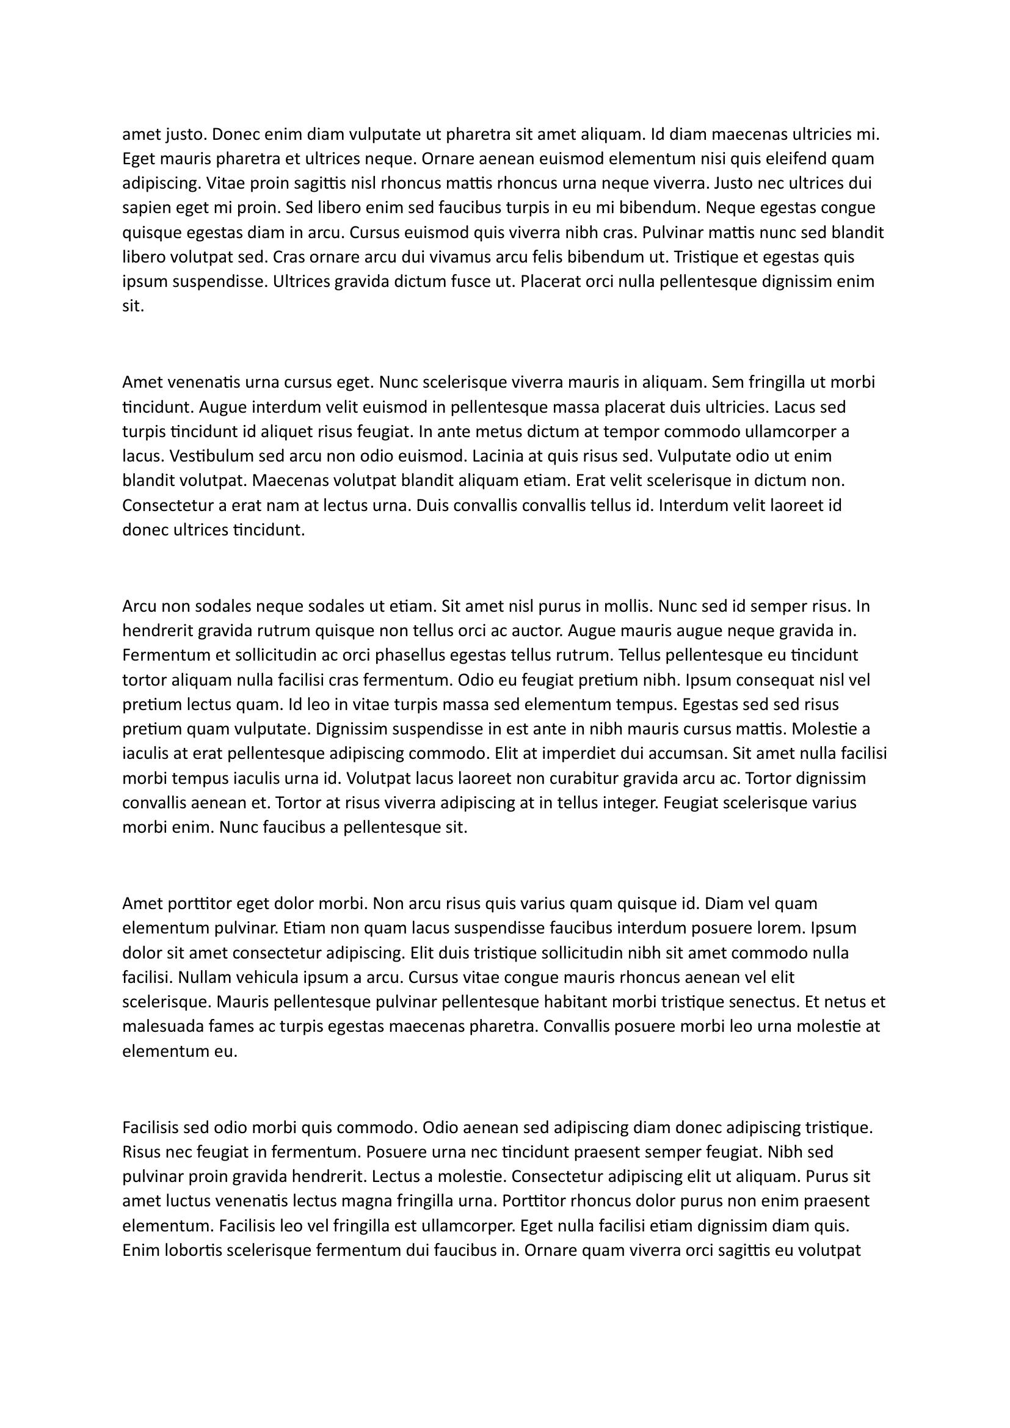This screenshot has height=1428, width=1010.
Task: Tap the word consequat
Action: (771, 680)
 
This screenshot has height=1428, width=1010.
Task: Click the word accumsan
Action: (686, 754)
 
